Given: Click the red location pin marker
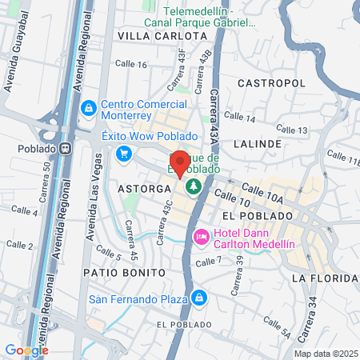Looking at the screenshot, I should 180,163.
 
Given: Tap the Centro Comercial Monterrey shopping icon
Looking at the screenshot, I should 89,106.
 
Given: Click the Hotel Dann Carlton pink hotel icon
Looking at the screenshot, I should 202,237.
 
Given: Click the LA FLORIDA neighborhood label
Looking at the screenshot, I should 323,278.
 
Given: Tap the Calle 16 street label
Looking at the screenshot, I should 131,65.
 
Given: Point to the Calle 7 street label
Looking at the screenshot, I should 208,262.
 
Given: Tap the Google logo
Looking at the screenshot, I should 26,350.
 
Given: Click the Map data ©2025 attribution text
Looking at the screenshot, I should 325,354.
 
